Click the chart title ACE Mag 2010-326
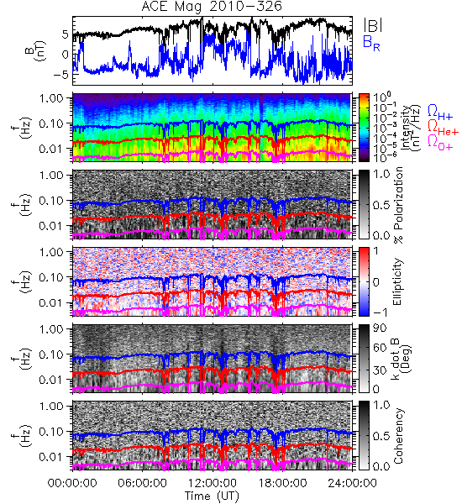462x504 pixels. (x=212, y=6)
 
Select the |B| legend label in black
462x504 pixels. (x=373, y=25)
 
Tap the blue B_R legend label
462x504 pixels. (x=371, y=43)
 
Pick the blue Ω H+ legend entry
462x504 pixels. (x=440, y=113)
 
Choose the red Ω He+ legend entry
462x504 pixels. (x=443, y=128)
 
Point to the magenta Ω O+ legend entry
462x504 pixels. (x=440, y=143)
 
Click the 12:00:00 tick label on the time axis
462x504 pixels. (x=213, y=483)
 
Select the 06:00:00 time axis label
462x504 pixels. (x=142, y=483)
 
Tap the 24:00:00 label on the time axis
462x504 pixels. (x=352, y=483)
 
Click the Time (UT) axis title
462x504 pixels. (x=212, y=496)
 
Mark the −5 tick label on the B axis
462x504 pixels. (x=61, y=75)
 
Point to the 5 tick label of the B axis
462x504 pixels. (x=66, y=34)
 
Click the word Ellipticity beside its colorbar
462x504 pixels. (x=397, y=281)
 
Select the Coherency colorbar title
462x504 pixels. (x=398, y=436)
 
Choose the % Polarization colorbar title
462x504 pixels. (x=398, y=204)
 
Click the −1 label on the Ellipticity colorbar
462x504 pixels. (x=381, y=312)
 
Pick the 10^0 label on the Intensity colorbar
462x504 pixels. (x=381, y=97)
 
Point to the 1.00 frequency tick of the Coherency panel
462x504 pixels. (x=51, y=406)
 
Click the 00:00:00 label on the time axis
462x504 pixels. (x=72, y=483)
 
